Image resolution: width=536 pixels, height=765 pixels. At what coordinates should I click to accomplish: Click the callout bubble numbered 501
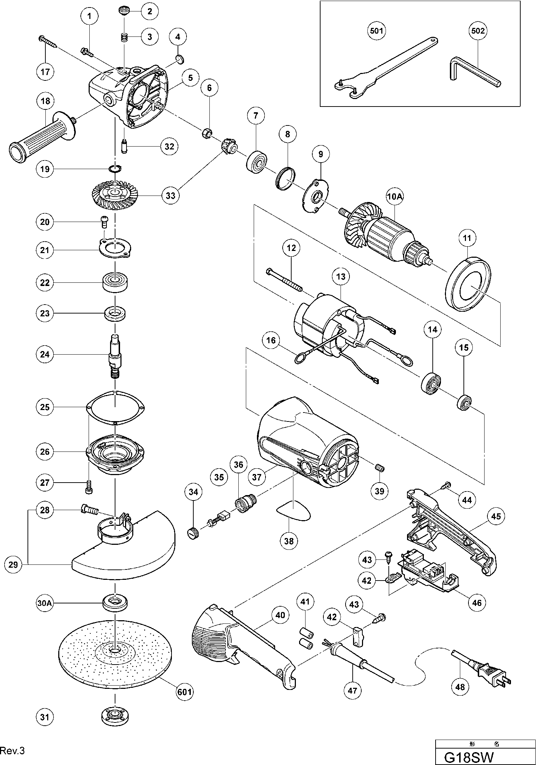click(377, 31)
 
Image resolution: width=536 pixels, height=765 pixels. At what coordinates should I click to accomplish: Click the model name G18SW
click(468, 756)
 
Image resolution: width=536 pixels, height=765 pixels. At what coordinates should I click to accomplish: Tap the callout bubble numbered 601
click(184, 692)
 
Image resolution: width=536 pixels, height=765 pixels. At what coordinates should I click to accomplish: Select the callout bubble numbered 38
click(289, 541)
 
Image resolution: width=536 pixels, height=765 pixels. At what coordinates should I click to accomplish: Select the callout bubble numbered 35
click(219, 477)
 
